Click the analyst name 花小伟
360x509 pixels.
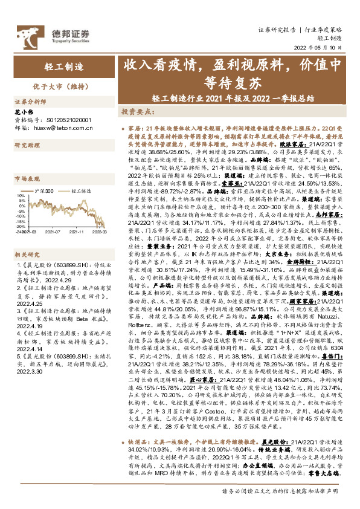pyautogui.click(x=23, y=113)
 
